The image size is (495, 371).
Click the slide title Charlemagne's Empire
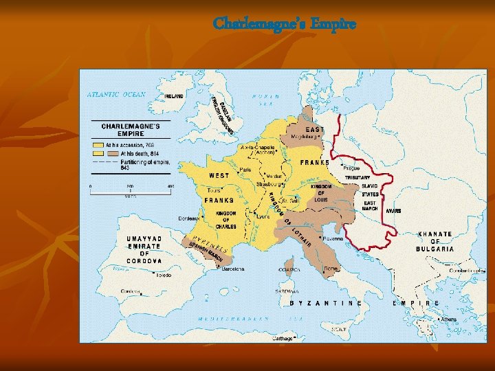click(285, 24)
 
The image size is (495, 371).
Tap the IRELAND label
click(174, 97)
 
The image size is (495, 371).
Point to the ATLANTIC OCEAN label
click(115, 95)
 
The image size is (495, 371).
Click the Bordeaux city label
click(189, 218)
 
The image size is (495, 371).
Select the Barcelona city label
click(233, 269)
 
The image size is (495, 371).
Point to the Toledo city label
click(163, 275)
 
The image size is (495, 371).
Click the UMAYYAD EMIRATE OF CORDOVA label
click(144, 250)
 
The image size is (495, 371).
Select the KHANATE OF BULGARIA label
click(435, 241)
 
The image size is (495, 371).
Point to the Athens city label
click(448, 319)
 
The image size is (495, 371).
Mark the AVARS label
click(393, 211)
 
